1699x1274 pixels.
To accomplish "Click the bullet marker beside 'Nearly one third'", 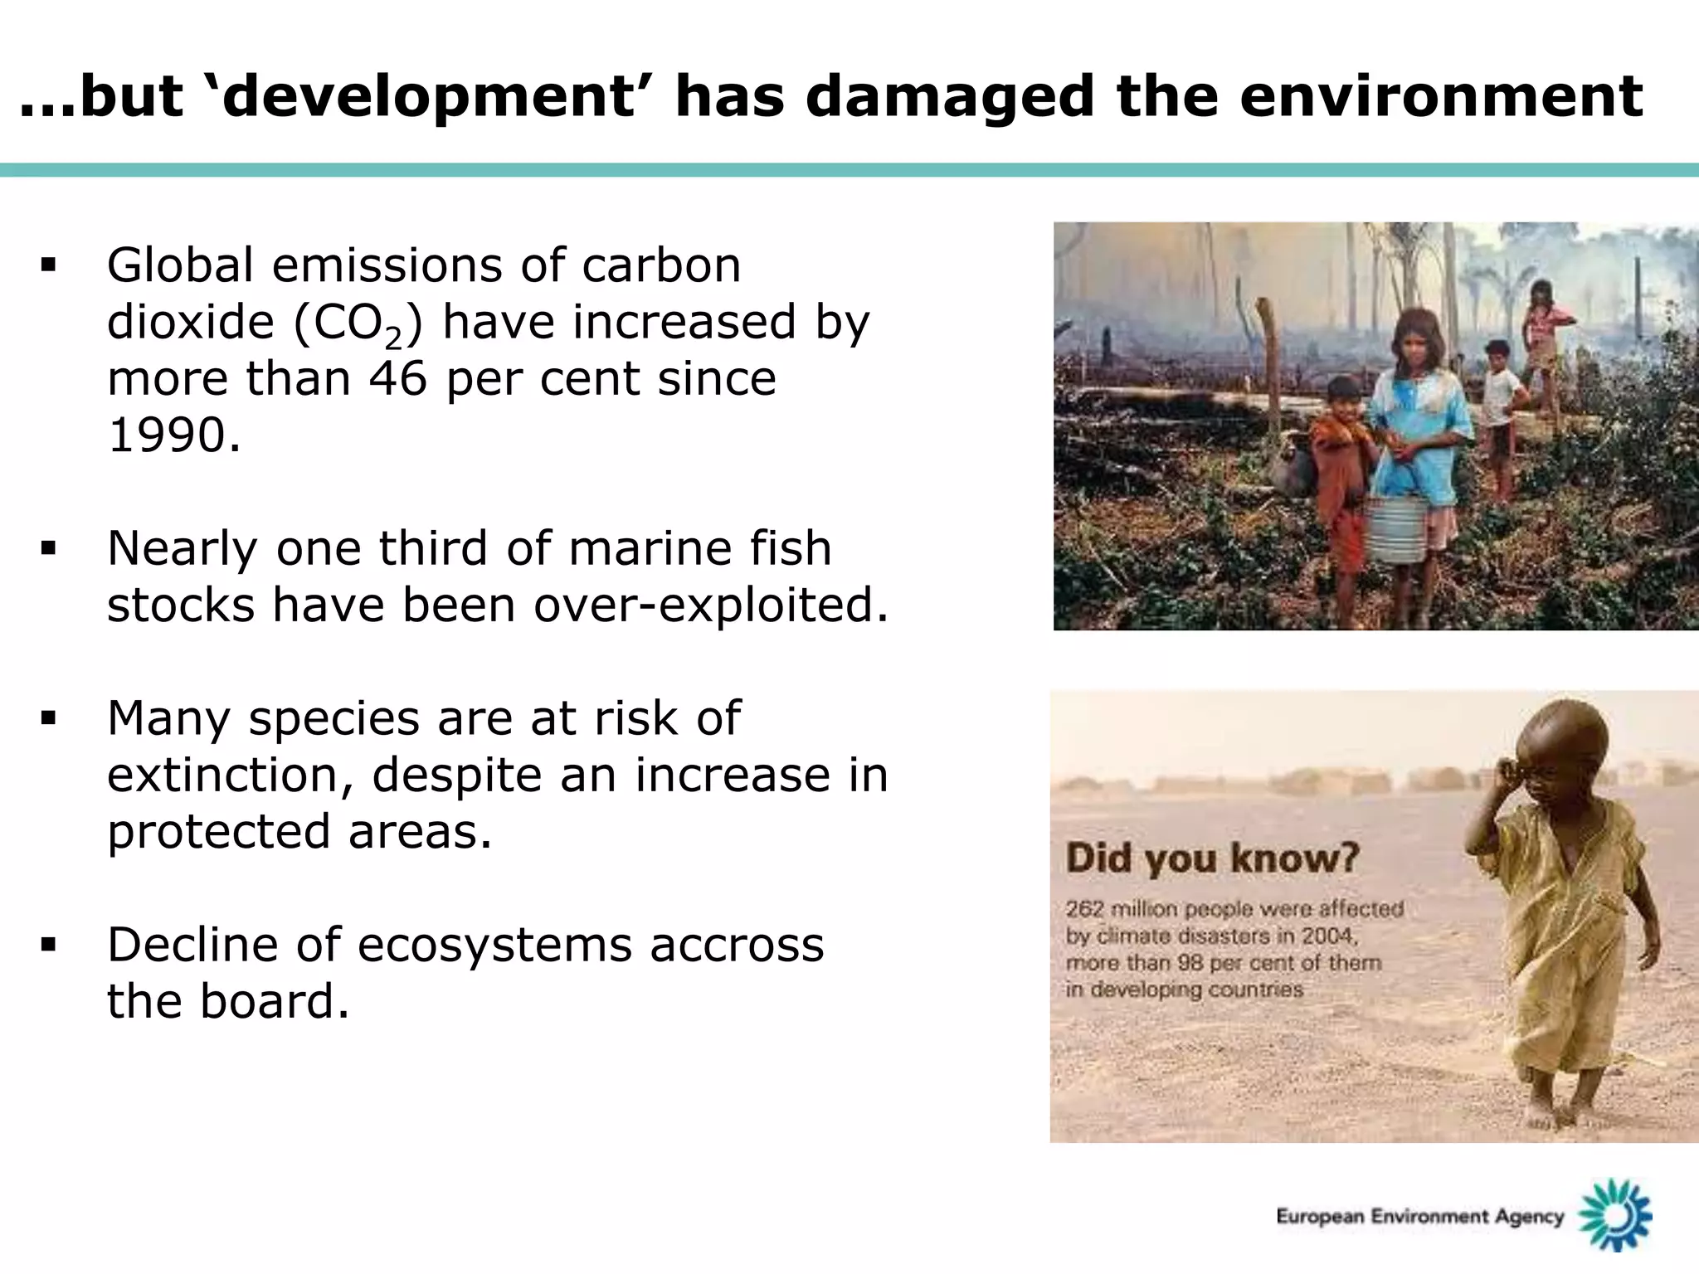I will pos(48,548).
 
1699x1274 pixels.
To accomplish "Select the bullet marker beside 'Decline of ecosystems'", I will pos(48,945).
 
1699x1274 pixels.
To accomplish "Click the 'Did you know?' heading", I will pos(1212,858).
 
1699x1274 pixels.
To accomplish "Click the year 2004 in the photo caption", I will pos(1328,936).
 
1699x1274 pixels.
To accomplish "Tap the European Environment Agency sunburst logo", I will pos(1614,1216).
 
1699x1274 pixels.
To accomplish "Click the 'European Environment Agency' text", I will pos(1419,1217).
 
